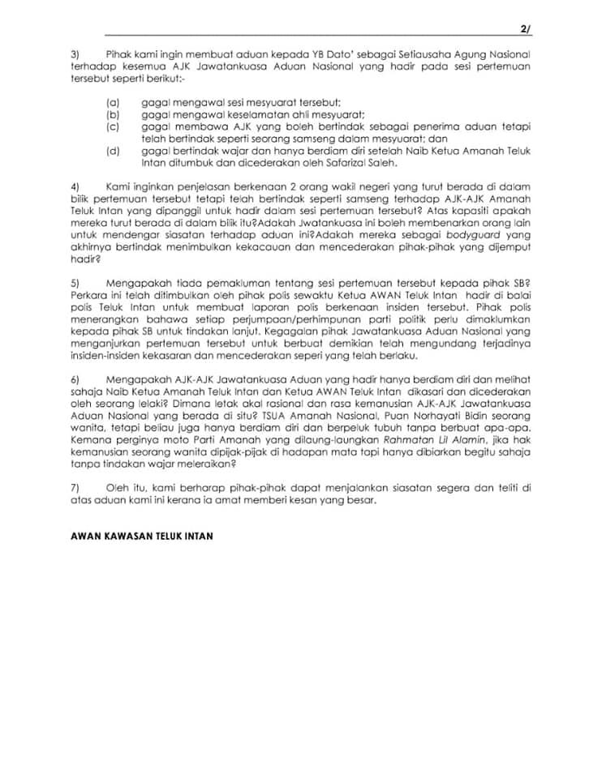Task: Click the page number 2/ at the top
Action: coord(525,29)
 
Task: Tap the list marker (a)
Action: coord(113,103)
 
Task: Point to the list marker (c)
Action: coord(113,127)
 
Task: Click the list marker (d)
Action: coord(113,151)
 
